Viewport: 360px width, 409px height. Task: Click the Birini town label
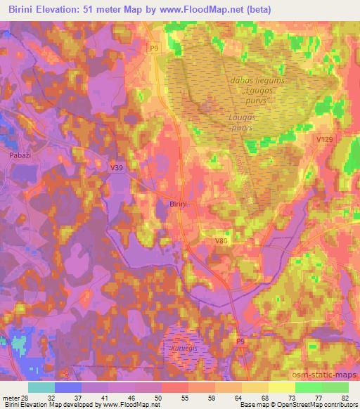(x=178, y=203)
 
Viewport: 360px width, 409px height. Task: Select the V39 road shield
(x=117, y=167)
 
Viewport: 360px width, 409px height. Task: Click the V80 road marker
(x=221, y=241)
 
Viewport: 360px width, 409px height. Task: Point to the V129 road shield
(x=324, y=141)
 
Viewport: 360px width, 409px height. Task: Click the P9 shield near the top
(x=155, y=47)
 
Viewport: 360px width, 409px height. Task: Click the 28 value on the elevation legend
(x=27, y=398)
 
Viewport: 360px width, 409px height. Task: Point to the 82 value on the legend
(x=344, y=398)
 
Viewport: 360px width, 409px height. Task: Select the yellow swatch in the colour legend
(x=282, y=387)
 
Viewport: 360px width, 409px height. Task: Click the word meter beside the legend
(x=11, y=398)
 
